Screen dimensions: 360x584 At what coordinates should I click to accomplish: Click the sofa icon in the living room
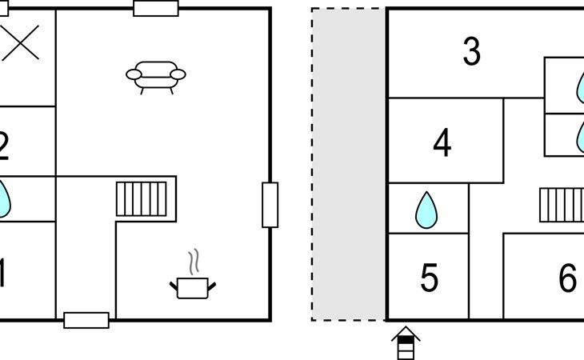tap(156, 76)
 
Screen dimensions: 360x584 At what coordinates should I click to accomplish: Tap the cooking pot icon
tap(192, 286)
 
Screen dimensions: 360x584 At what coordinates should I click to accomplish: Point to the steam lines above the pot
tap(192, 262)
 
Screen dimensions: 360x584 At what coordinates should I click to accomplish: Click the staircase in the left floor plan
tap(142, 198)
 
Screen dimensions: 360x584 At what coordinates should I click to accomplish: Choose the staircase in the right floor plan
tap(561, 205)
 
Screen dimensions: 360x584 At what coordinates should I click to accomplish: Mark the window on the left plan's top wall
tap(156, 8)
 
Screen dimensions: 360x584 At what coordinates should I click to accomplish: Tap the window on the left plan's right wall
tap(270, 205)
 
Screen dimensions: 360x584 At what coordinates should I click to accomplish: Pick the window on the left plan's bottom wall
tap(86, 320)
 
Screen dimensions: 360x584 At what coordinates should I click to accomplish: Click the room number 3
tap(472, 53)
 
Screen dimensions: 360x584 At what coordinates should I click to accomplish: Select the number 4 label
tap(442, 144)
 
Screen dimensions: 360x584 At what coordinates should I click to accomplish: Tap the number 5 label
tap(430, 278)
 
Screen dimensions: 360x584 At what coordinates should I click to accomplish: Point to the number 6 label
tap(567, 278)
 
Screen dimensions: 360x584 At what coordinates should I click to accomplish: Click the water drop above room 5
tap(426, 211)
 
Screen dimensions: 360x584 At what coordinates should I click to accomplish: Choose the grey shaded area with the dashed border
tap(349, 164)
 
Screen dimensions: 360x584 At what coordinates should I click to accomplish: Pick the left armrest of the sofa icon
tap(134, 75)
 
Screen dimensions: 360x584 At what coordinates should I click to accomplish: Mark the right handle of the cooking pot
tap(211, 284)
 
